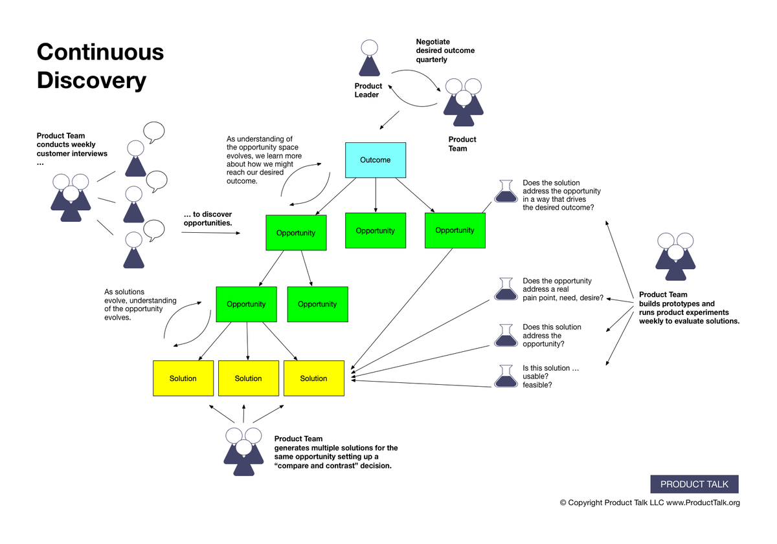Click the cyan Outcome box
click(375, 160)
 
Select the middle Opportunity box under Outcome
click(375, 230)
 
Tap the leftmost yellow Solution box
click(183, 378)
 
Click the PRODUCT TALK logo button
click(694, 484)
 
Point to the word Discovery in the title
click(91, 80)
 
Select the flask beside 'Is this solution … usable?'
click(506, 376)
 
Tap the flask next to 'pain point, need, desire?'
click(506, 289)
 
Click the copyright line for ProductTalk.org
click(649, 503)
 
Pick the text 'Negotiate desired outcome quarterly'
click(445, 50)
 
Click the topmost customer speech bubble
click(154, 132)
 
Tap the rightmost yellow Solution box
click(313, 378)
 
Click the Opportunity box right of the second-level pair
click(317, 304)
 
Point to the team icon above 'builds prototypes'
click(675, 256)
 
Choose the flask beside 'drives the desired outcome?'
click(506, 191)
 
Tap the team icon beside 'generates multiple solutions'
click(243, 452)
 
